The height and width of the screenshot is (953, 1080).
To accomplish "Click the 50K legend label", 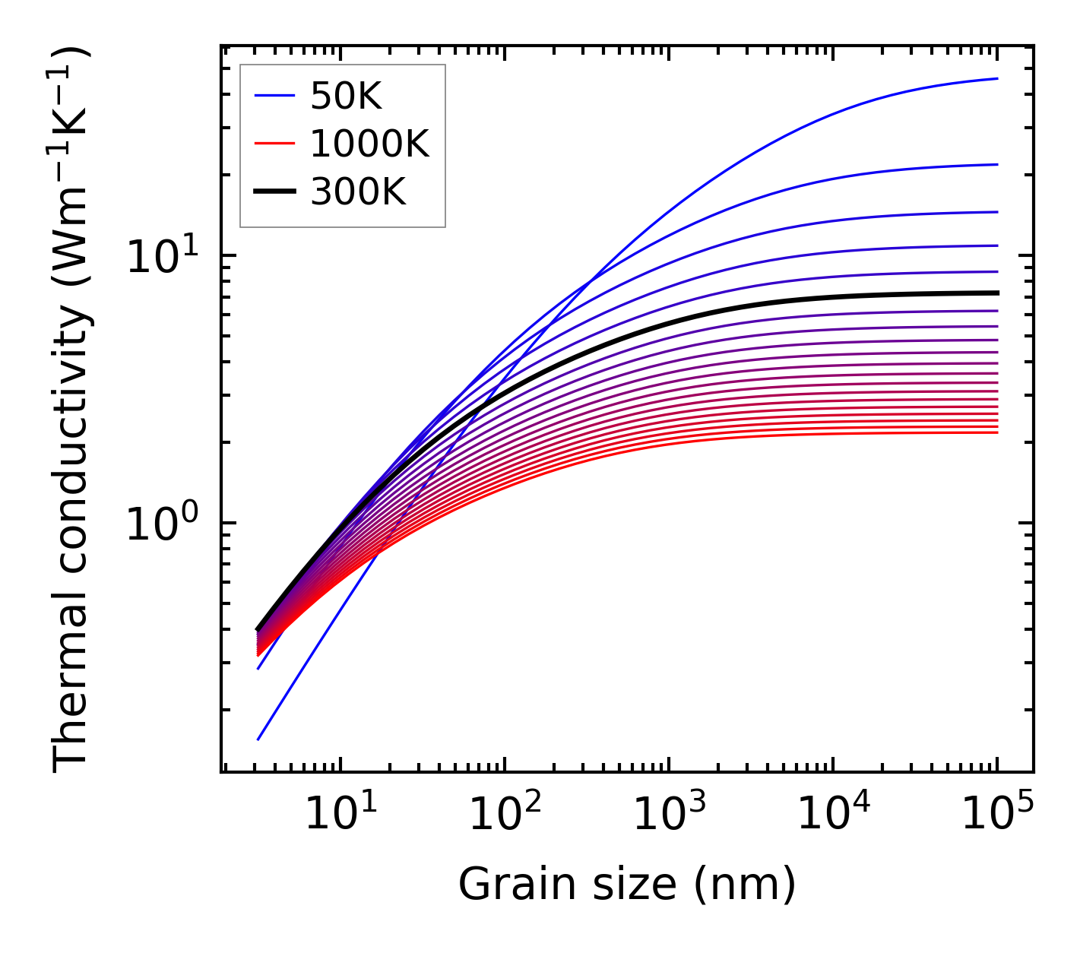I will (x=346, y=97).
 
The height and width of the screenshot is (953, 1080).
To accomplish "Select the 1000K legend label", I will (x=370, y=144).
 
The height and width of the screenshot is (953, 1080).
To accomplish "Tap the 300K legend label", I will (x=358, y=192).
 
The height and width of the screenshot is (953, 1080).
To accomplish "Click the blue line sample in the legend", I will (x=274, y=96).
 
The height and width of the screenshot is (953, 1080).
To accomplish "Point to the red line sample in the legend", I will (x=274, y=144).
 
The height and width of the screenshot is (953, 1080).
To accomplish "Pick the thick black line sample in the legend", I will (x=274, y=192).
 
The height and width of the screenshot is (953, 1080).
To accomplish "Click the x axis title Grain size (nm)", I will (x=627, y=885).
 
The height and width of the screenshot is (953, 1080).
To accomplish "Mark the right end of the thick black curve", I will (x=997, y=293).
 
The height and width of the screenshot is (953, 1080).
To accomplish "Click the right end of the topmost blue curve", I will (x=997, y=78).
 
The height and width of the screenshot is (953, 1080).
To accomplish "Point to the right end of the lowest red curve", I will (x=997, y=432).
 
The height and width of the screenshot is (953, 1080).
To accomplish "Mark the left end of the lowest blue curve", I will (x=258, y=739).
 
